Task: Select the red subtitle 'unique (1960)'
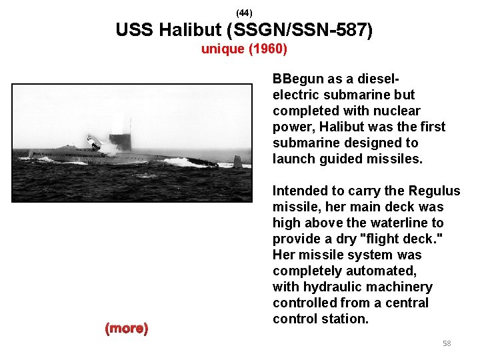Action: coord(244,49)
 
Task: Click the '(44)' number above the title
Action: coord(244,13)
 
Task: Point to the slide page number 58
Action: coord(447,343)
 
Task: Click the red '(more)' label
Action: coord(127,328)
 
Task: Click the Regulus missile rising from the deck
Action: coord(93,141)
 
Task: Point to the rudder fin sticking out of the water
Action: coord(237,161)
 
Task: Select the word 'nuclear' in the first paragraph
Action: coord(398,111)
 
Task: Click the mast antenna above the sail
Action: coord(130,125)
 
